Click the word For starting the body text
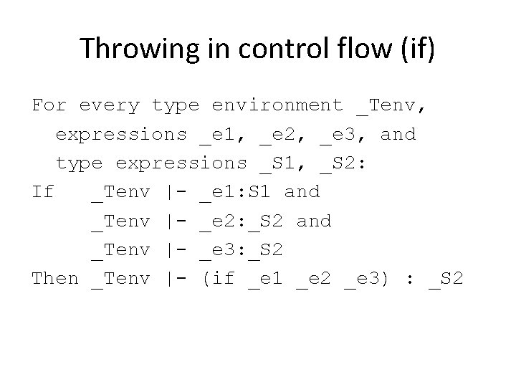pos(49,106)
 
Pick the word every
pos(109,106)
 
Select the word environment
pos(277,106)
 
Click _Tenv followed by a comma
pos(391,106)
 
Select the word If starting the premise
pos(43,192)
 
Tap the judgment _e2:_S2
pos(241,221)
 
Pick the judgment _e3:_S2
pos(241,249)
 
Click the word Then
pos(55,278)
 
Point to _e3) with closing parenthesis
pos(366,278)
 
